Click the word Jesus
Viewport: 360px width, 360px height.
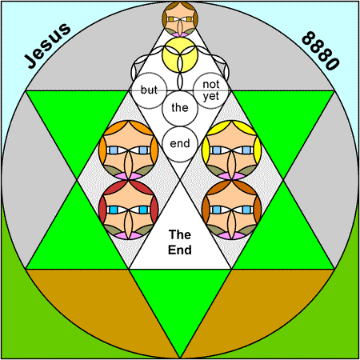point(47,46)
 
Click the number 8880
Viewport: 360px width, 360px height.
point(321,50)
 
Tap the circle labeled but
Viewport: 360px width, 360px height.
point(149,90)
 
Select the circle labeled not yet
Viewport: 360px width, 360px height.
point(211,90)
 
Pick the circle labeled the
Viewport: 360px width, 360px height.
point(180,108)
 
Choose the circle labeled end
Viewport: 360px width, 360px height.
point(180,144)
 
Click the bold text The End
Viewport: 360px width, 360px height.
point(180,242)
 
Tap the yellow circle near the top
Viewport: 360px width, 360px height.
point(180,55)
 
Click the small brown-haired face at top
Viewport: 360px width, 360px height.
point(180,19)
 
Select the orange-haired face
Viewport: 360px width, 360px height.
point(129,150)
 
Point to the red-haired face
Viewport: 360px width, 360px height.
point(129,210)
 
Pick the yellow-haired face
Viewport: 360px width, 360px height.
point(231,150)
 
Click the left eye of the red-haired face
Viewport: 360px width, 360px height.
point(114,210)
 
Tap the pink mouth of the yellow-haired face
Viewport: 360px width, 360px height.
point(231,176)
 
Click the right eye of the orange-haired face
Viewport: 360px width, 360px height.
point(144,150)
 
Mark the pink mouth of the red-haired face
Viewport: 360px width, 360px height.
point(129,236)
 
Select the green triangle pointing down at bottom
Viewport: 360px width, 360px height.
point(180,298)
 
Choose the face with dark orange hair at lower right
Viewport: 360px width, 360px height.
point(231,210)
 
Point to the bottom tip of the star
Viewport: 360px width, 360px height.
point(180,358)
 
